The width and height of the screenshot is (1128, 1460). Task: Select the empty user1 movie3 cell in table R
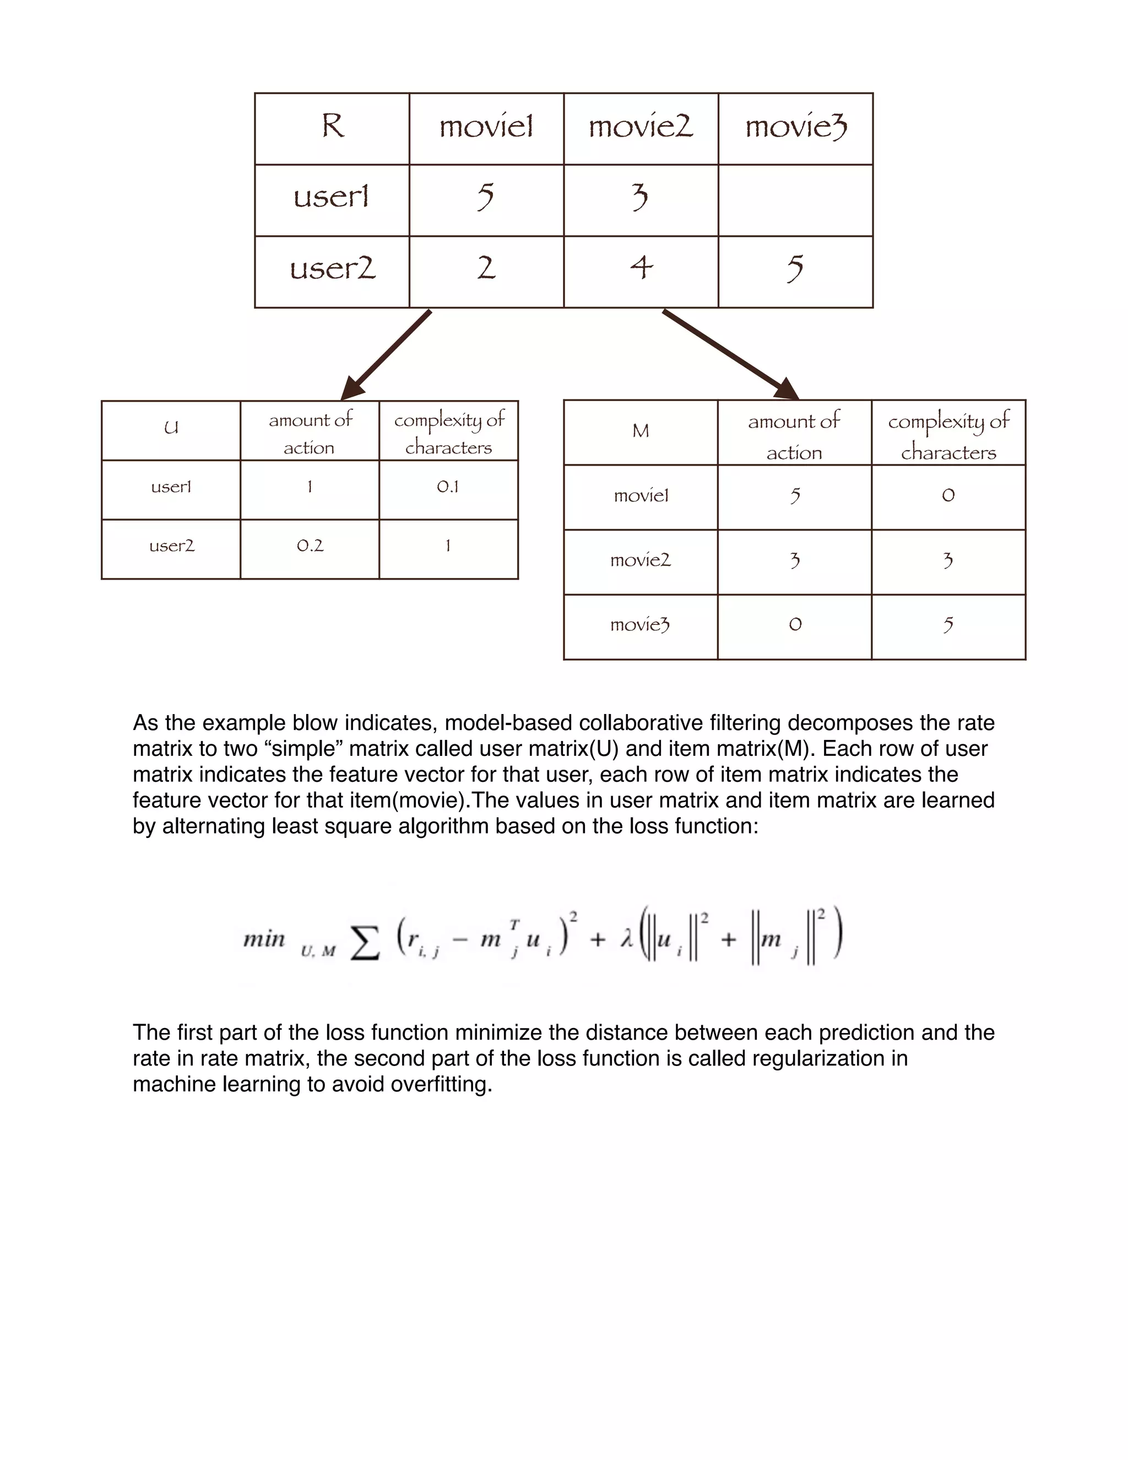pyautogui.click(x=795, y=200)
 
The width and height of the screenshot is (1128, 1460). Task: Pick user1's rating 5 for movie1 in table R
pyautogui.click(x=486, y=197)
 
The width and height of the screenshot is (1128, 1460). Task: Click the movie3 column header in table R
pyautogui.click(x=795, y=127)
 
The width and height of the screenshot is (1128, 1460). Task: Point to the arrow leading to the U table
pyautogui.click(x=388, y=354)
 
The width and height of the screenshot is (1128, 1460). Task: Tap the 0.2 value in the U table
pyautogui.click(x=310, y=546)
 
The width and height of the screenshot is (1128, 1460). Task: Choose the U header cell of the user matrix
pyautogui.click(x=171, y=429)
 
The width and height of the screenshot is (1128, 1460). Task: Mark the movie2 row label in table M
pyautogui.click(x=640, y=560)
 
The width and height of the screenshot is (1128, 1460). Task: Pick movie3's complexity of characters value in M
pyautogui.click(x=947, y=625)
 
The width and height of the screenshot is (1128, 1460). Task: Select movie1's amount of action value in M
pyautogui.click(x=795, y=496)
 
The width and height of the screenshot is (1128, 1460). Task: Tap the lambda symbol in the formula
pyautogui.click(x=626, y=939)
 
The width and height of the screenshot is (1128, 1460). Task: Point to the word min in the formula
pyautogui.click(x=264, y=939)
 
